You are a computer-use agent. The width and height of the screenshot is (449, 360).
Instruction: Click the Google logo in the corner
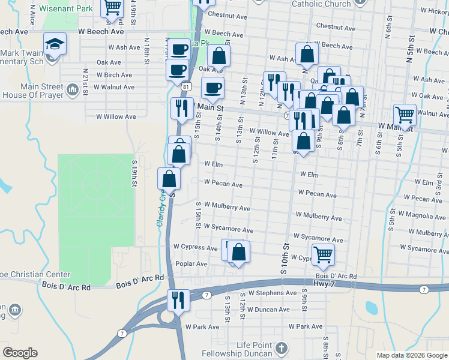pyautogui.click(x=20, y=353)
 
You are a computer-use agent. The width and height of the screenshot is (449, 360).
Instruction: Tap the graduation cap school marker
pyautogui.click(x=55, y=44)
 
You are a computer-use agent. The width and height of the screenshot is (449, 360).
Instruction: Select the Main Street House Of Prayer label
pyautogui.click(x=33, y=91)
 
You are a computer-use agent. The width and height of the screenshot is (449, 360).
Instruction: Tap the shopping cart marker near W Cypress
pyautogui.click(x=323, y=254)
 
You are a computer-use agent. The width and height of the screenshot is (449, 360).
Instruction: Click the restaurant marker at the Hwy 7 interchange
pyautogui.click(x=178, y=299)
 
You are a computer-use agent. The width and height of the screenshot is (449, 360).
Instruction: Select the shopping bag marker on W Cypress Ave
pyautogui.click(x=238, y=252)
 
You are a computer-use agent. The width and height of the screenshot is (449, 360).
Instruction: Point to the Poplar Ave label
pyautogui.click(x=191, y=264)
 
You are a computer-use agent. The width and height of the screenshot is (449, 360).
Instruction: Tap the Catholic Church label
pyautogui.click(x=321, y=4)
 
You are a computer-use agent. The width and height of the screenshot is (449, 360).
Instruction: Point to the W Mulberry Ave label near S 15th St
pyautogui.click(x=227, y=208)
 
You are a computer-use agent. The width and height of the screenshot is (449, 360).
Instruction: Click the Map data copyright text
pyautogui.click(x=412, y=355)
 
